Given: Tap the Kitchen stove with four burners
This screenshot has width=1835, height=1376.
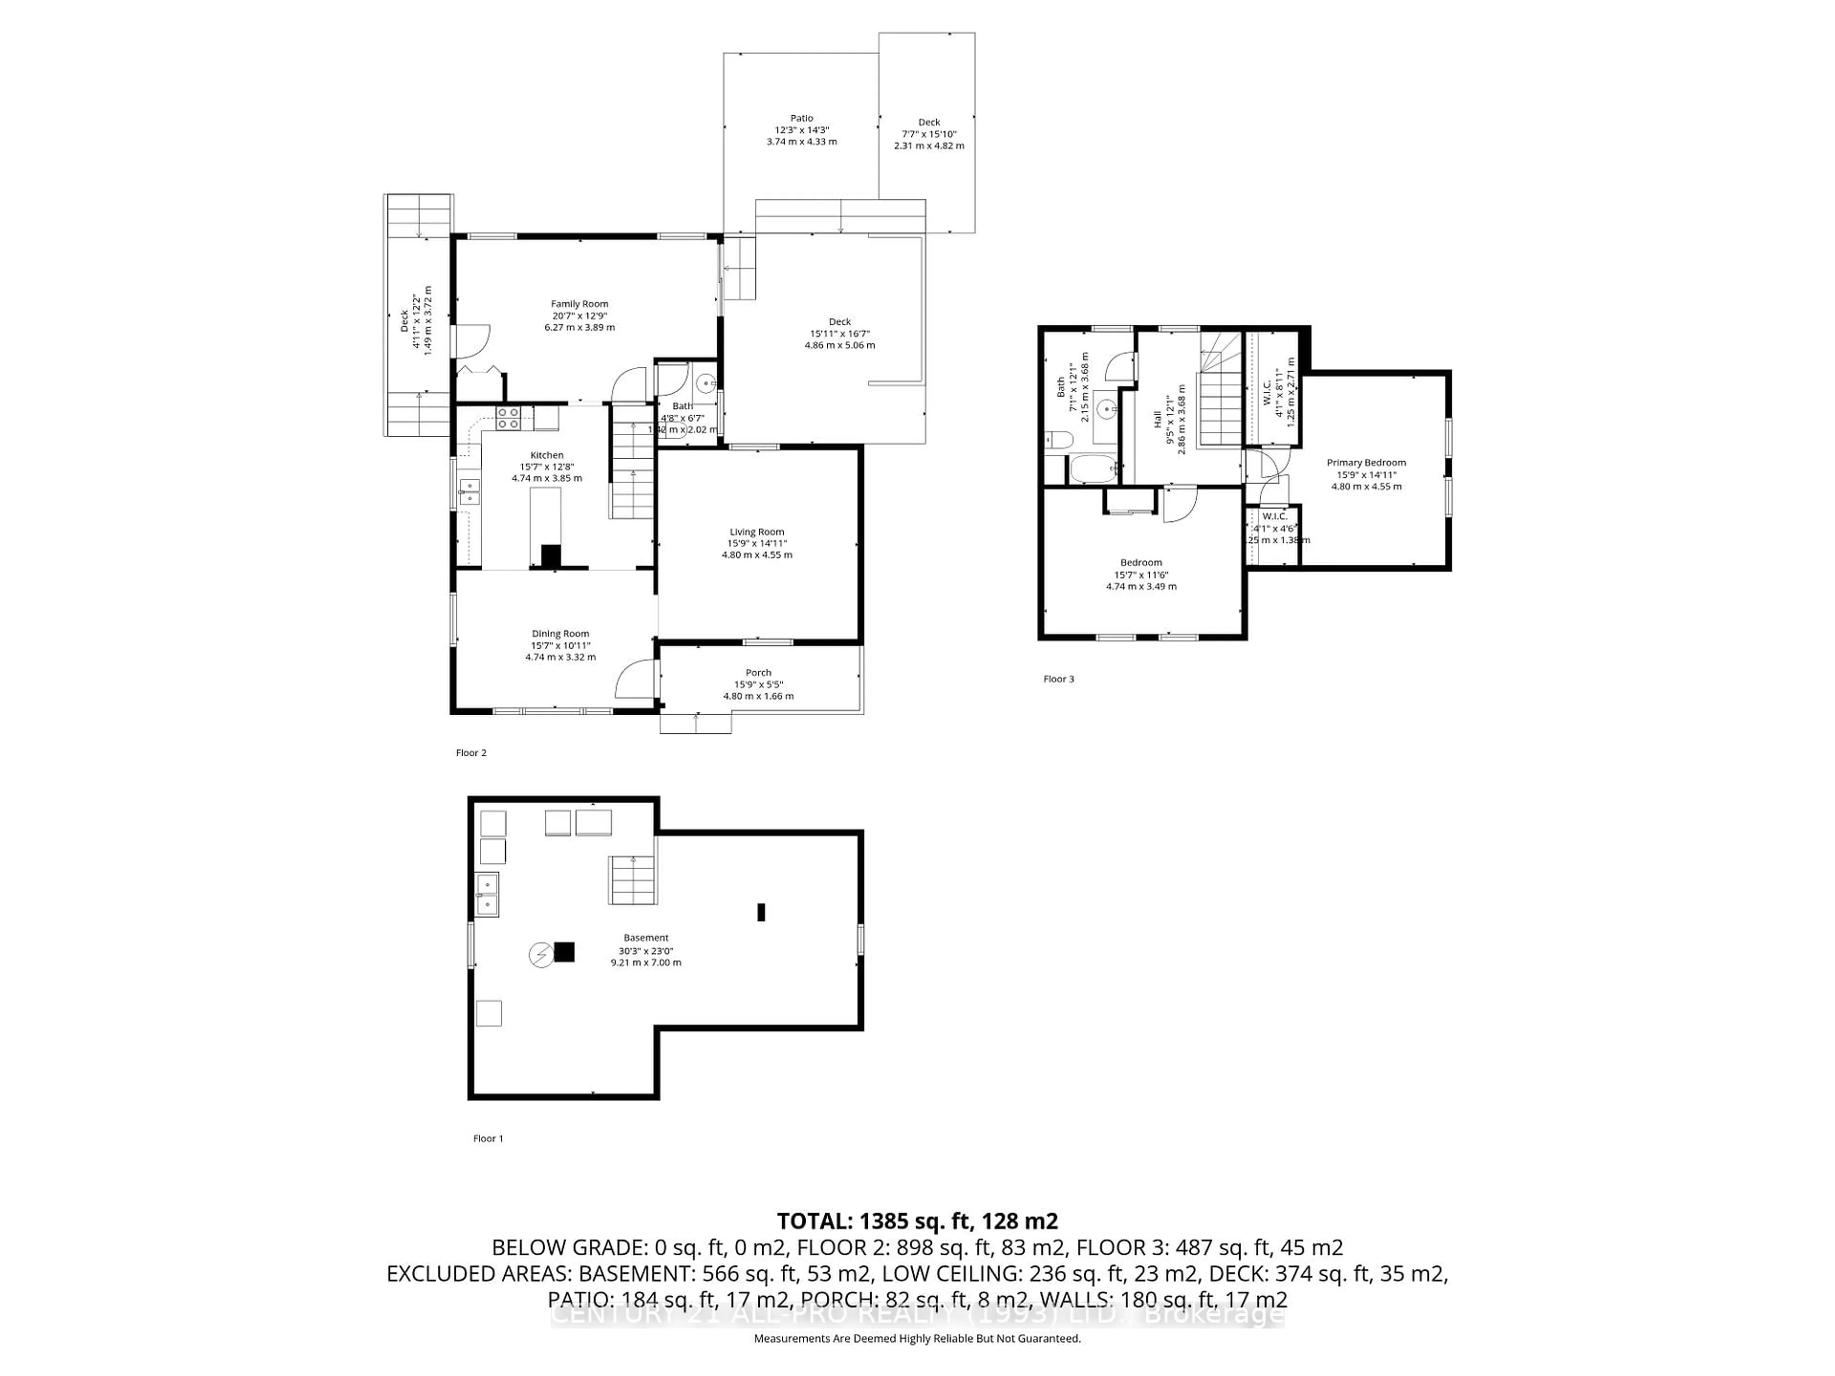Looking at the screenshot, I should click(508, 418).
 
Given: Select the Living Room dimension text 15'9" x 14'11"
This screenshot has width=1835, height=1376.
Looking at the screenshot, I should click(756, 543).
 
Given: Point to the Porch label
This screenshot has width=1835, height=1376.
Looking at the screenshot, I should click(758, 673).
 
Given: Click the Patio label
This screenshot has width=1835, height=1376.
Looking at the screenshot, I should click(801, 118).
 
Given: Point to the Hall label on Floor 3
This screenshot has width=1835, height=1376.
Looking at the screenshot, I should click(1157, 419).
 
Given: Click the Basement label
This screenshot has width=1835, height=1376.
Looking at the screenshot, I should click(646, 938).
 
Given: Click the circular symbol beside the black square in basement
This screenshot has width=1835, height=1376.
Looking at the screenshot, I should click(541, 956).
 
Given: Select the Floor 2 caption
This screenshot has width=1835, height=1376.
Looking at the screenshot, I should click(471, 753).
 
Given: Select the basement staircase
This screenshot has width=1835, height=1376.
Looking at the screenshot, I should click(633, 881).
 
